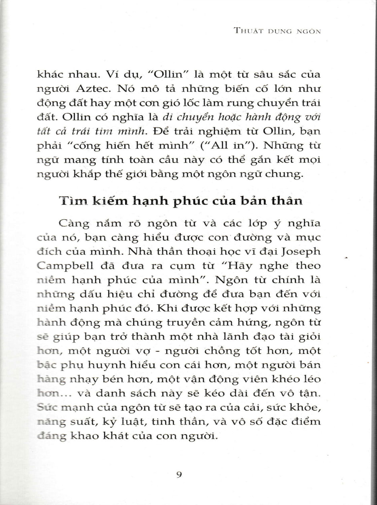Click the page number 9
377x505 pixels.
click(179, 475)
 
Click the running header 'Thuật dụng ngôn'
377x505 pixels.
click(277, 31)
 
